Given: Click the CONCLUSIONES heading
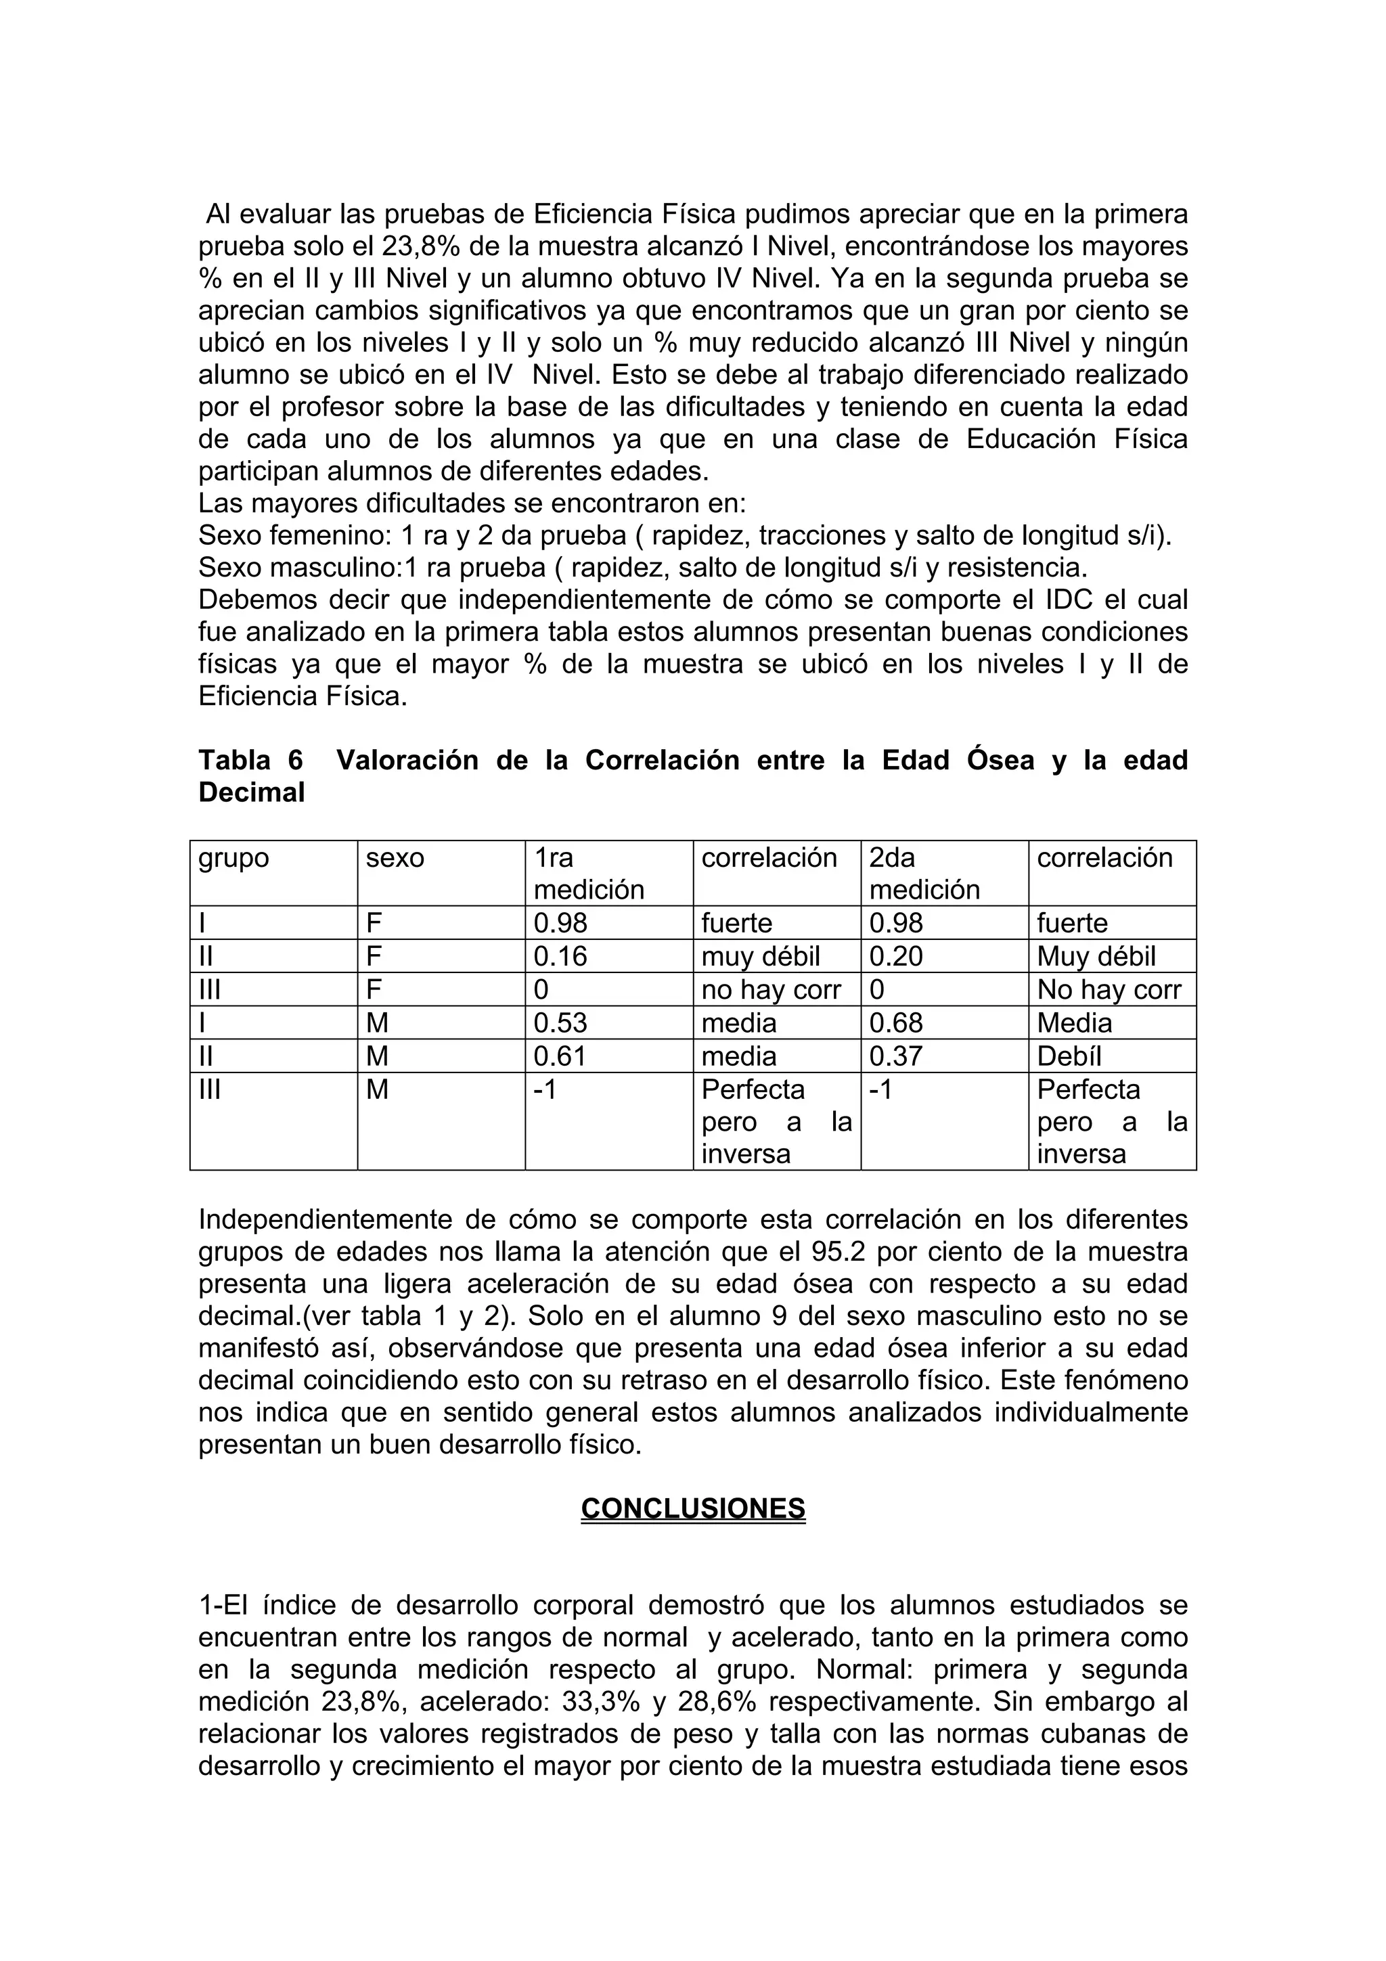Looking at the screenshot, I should [692, 1508].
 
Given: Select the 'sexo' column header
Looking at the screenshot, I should [395, 857].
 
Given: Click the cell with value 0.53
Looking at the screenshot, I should [560, 1022].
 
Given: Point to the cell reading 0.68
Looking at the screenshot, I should [896, 1022].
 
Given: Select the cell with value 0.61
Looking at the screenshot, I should [560, 1056].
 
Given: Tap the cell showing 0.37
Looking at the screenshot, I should [896, 1056].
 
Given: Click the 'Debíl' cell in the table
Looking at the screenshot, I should [1069, 1056].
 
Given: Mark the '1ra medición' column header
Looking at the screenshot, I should [588, 873].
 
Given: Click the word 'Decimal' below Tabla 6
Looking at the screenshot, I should [251, 792].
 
